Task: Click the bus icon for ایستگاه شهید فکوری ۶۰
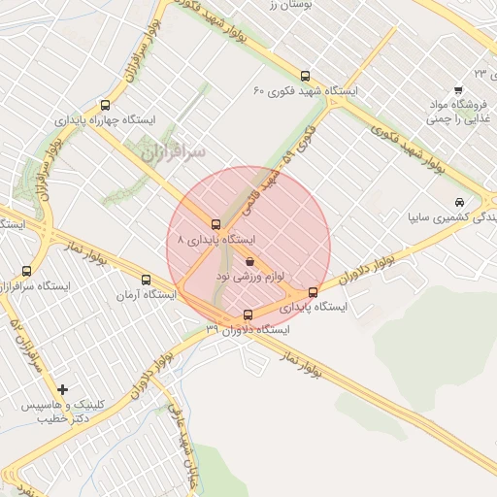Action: (x=306, y=75)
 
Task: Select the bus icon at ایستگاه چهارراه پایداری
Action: (x=105, y=106)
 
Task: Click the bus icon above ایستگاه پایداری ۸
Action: (x=216, y=224)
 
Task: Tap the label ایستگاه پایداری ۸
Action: (x=215, y=239)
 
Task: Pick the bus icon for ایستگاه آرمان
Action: (x=147, y=280)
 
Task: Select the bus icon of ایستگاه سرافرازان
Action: (x=26, y=272)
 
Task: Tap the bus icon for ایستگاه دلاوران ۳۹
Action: (x=248, y=315)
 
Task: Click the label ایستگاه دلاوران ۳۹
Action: (x=247, y=330)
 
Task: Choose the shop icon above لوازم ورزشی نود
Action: (x=249, y=261)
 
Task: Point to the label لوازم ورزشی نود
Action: (x=248, y=277)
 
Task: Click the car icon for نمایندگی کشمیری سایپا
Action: (x=457, y=203)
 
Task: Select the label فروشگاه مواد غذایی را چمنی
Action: (x=458, y=114)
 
